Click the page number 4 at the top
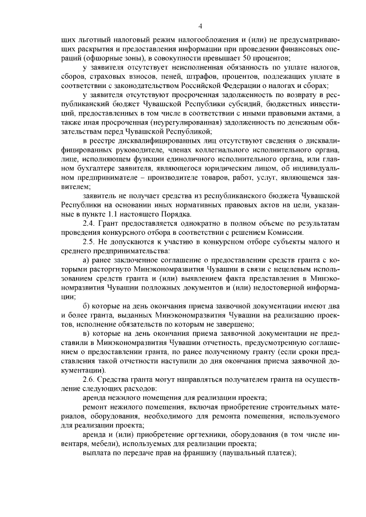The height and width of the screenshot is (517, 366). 201,25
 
